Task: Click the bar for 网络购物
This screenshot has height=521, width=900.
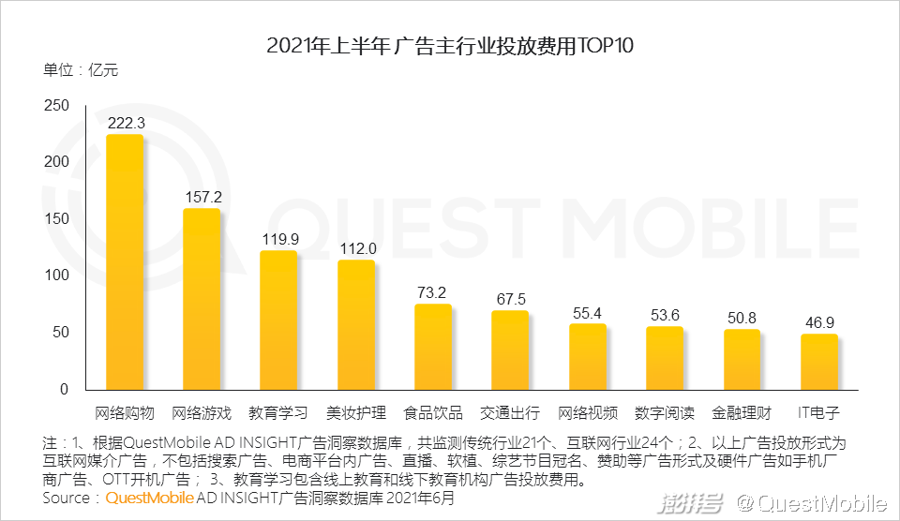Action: pos(125,262)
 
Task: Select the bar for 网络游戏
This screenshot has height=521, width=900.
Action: pos(202,298)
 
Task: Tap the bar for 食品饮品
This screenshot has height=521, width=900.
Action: pos(433,346)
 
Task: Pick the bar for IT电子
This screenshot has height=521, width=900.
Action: pos(818,361)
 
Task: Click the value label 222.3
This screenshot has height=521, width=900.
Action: pos(126,123)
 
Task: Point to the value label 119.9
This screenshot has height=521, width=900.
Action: pos(279,239)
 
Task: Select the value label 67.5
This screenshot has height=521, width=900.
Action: pos(511,299)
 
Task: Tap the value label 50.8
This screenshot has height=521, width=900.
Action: pos(742,318)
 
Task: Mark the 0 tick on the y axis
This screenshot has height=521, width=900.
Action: pos(64,389)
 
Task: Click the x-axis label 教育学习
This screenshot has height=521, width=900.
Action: pos(278,412)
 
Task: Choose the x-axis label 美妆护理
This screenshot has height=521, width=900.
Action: pos(356,412)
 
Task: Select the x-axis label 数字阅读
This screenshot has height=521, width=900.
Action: pos(665,412)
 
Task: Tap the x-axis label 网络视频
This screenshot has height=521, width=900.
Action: pos(588,412)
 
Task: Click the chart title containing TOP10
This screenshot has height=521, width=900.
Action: pos(450,46)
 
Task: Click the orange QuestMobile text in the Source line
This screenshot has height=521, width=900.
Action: pos(149,498)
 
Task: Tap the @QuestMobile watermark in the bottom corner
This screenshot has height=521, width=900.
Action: pos(811,503)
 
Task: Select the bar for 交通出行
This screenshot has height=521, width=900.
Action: pos(510,350)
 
